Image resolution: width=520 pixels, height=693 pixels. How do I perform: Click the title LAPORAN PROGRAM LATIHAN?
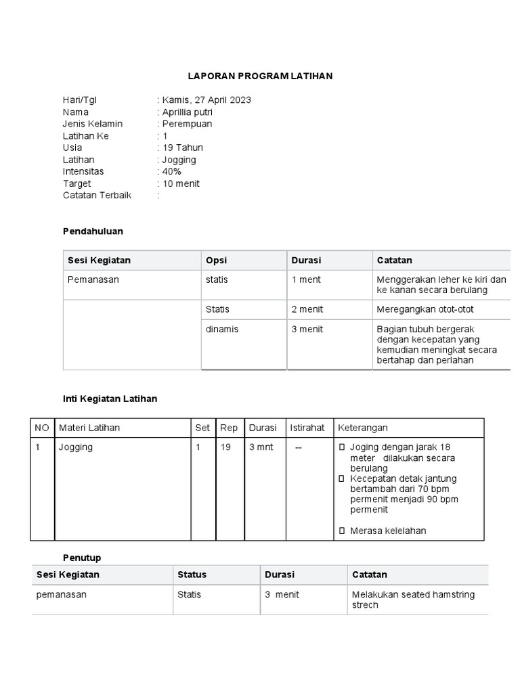pyautogui.click(x=260, y=76)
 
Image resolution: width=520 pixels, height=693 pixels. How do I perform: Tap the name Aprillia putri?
pyautogui.click(x=187, y=112)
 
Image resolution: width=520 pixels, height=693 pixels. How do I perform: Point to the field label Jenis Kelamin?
pyautogui.click(x=93, y=124)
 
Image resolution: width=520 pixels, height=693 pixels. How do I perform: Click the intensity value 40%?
pyautogui.click(x=172, y=171)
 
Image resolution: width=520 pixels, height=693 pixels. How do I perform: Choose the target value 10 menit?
pyautogui.click(x=181, y=183)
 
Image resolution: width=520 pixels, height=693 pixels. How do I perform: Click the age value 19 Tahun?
pyautogui.click(x=182, y=148)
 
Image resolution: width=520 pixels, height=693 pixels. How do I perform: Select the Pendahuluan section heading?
pyautogui.click(x=93, y=231)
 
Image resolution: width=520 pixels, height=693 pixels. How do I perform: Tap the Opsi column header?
pyautogui.click(x=216, y=261)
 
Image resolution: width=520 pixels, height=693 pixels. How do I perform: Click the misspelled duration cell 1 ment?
pyautogui.click(x=306, y=280)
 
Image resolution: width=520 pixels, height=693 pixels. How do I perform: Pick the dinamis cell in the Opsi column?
pyautogui.click(x=222, y=330)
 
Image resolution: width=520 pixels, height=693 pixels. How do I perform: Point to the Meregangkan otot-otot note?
pyautogui.click(x=425, y=309)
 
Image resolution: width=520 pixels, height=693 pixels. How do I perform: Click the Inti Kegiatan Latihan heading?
pyautogui.click(x=110, y=399)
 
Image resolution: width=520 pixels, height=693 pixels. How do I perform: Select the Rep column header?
pyautogui.click(x=229, y=428)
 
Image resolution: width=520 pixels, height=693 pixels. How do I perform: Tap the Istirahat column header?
pyautogui.click(x=307, y=428)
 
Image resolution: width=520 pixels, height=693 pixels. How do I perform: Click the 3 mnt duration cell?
pyautogui.click(x=261, y=447)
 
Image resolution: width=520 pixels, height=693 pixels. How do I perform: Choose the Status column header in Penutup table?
pyautogui.click(x=192, y=575)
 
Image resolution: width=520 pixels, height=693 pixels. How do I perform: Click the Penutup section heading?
pyautogui.click(x=82, y=558)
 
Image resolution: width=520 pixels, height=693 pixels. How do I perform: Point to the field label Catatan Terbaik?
pyautogui.click(x=97, y=195)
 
